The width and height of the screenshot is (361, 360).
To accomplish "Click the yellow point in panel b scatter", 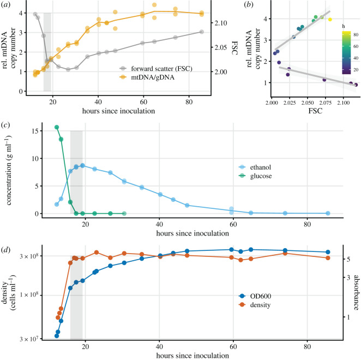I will [330, 20].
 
